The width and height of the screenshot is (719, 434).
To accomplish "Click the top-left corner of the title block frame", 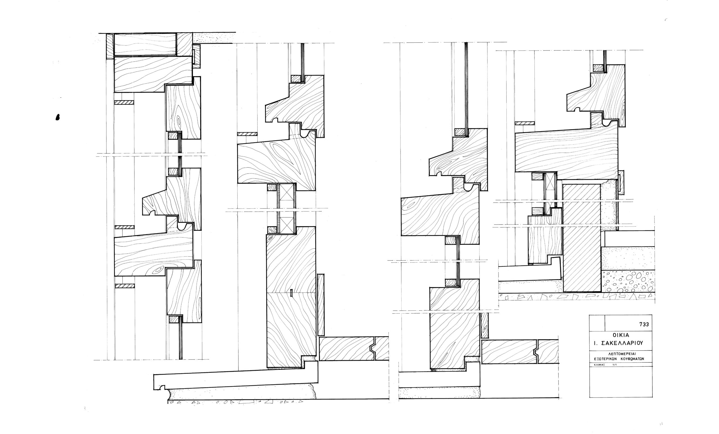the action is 590,315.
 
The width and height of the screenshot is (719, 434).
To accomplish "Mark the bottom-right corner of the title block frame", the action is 652,397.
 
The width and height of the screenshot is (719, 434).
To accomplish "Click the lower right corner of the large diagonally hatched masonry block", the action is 601,292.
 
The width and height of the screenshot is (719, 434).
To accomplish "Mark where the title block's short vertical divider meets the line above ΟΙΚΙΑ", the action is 605,331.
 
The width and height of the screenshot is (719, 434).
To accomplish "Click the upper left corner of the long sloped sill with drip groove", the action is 154,374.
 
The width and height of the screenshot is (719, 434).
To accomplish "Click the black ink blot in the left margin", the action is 58,117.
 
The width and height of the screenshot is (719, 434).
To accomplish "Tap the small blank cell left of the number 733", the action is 597,323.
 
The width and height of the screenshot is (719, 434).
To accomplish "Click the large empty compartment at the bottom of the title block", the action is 621,382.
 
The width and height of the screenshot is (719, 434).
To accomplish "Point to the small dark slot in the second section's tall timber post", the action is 292,293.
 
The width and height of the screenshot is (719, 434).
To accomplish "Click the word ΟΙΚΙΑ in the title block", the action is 621,336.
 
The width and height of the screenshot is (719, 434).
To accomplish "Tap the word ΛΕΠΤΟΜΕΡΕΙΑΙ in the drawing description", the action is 621,354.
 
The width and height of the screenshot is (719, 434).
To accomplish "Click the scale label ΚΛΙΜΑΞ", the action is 599,365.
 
